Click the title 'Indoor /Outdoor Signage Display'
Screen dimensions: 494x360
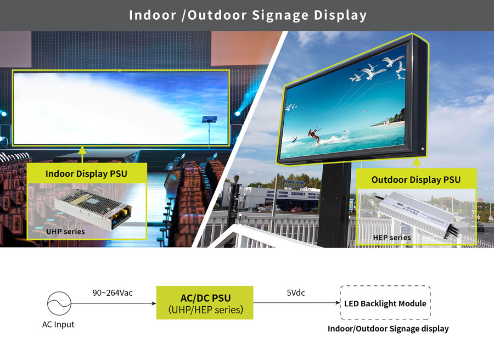[248, 15]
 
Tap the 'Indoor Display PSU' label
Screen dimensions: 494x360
[86, 173]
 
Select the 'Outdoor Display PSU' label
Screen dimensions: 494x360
[416, 179]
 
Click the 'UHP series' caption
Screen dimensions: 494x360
[65, 232]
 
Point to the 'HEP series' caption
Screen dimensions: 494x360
[392, 238]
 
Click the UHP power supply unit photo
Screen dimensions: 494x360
[93, 209]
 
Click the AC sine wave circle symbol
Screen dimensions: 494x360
[59, 303]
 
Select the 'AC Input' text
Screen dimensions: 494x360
[58, 324]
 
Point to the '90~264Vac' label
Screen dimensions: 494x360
[113, 293]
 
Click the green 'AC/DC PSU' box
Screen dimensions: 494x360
[205, 303]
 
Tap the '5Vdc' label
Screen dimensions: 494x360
[296, 293]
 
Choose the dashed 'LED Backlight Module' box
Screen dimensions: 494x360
[385, 303]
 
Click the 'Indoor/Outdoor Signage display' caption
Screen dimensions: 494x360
[388, 329]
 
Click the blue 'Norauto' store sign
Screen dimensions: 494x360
[294, 184]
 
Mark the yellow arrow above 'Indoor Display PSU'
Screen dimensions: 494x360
[82, 154]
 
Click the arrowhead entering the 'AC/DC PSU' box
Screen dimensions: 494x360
[154, 303]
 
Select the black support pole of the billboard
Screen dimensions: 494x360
[335, 205]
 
